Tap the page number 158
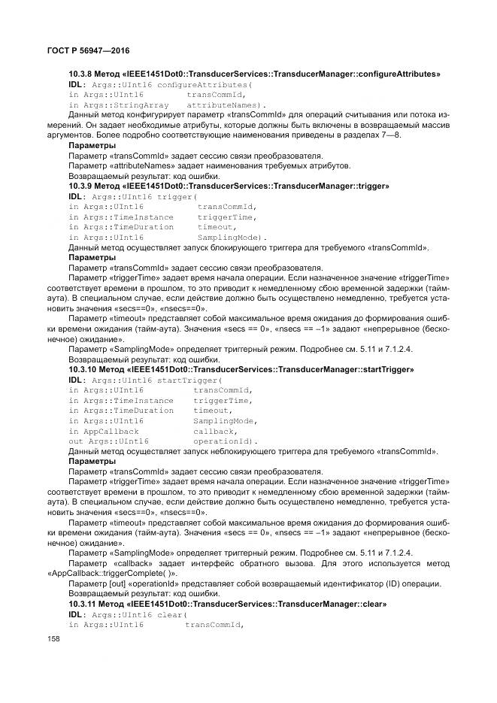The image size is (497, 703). click(53, 638)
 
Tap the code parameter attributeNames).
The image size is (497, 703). click(226, 105)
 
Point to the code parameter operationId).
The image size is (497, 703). click(226, 441)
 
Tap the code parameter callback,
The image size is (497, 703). click(214, 432)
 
